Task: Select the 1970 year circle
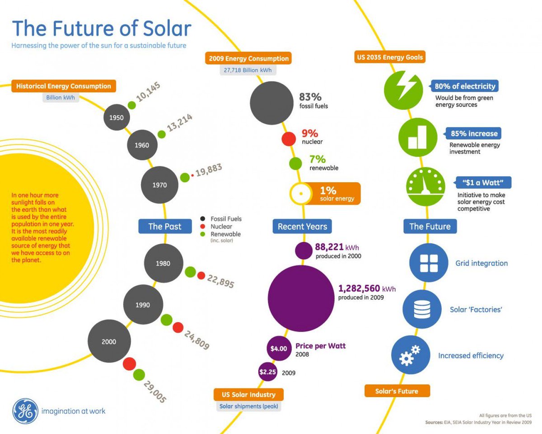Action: pyautogui.click(x=160, y=185)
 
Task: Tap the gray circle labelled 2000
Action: pyautogui.click(x=109, y=342)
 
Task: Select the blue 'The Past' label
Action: pyautogui.click(x=165, y=226)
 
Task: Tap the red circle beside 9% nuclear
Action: pyautogui.click(x=288, y=138)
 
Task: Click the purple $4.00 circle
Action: pyautogui.click(x=278, y=349)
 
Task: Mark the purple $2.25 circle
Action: pyautogui.click(x=267, y=372)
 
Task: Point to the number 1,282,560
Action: pyautogui.click(x=360, y=289)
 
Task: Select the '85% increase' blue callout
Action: pyautogui.click(x=473, y=133)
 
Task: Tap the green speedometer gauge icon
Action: pyautogui.click(x=425, y=186)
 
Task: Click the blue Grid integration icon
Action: pyautogui.click(x=428, y=263)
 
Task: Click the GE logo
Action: pyautogui.click(x=25, y=411)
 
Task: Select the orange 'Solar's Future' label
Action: pyautogui.click(x=397, y=391)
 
